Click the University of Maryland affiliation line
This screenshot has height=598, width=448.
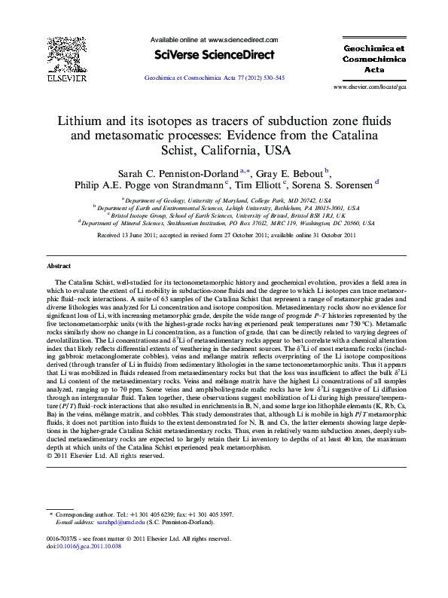tap(224, 201)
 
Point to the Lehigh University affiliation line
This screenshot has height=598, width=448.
tap(224, 209)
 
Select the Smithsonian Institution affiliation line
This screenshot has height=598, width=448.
tap(224, 223)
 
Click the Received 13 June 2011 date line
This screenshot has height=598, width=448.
tap(224, 235)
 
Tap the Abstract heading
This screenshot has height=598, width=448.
tap(59, 267)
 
